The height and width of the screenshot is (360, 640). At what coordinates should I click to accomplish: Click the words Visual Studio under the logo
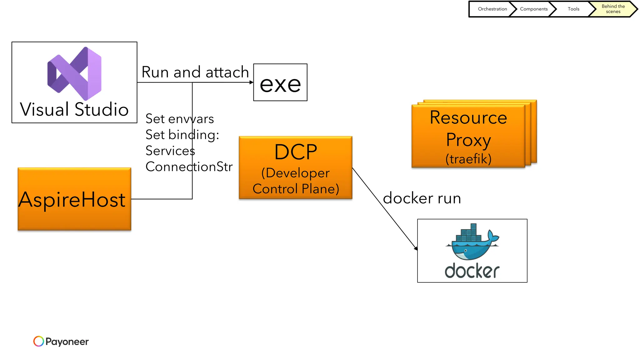74,109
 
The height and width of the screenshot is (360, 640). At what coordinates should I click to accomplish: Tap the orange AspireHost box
74,199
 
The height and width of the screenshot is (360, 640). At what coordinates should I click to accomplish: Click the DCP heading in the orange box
296,152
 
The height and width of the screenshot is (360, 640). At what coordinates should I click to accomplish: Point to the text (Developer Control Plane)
296,181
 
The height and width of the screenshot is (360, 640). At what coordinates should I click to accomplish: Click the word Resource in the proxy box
468,117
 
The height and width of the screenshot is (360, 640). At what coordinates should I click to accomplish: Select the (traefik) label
468,159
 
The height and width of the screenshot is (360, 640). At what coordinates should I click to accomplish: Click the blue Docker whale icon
472,242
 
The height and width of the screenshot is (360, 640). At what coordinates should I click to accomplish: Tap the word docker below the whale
472,271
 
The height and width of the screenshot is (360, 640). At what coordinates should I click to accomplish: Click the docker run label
422,198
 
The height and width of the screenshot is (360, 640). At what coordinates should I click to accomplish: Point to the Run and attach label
195,72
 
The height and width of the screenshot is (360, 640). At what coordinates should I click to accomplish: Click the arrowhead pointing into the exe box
252,82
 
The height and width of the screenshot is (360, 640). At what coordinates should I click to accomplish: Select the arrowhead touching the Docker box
416,248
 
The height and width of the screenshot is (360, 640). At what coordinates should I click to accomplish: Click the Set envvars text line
180,119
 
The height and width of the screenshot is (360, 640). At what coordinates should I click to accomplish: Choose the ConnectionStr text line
189,167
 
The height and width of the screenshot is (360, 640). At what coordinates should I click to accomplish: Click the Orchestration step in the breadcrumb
492,9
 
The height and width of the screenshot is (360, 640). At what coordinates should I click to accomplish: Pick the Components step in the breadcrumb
533,9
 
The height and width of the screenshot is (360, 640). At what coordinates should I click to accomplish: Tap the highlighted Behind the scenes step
613,9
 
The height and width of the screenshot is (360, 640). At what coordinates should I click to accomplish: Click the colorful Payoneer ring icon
38,341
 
